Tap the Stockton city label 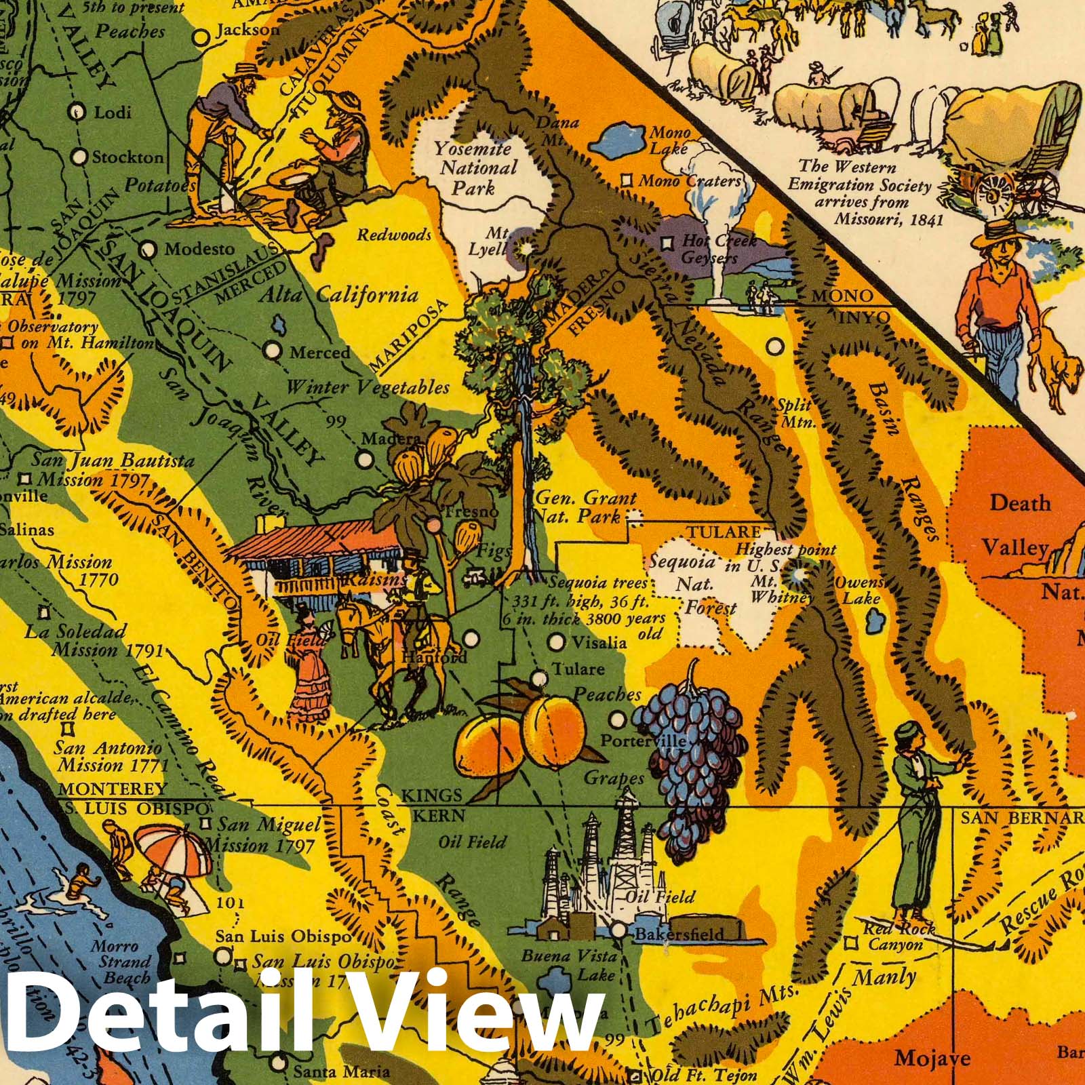(x=127, y=157)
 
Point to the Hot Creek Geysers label (x=709, y=249)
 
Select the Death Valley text (x=1015, y=525)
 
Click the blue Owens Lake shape (x=873, y=619)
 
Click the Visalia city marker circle (x=556, y=641)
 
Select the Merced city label (x=319, y=353)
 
